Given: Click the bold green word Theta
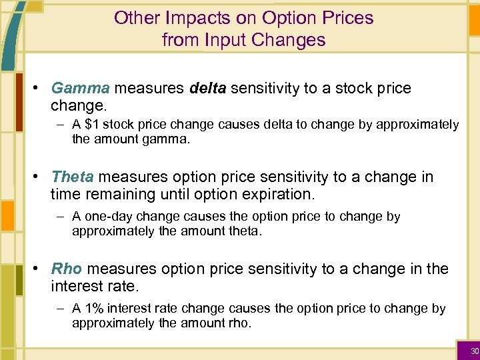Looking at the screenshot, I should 73,177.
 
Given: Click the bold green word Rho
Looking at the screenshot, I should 67,269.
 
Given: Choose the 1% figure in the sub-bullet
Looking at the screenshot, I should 94,309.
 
